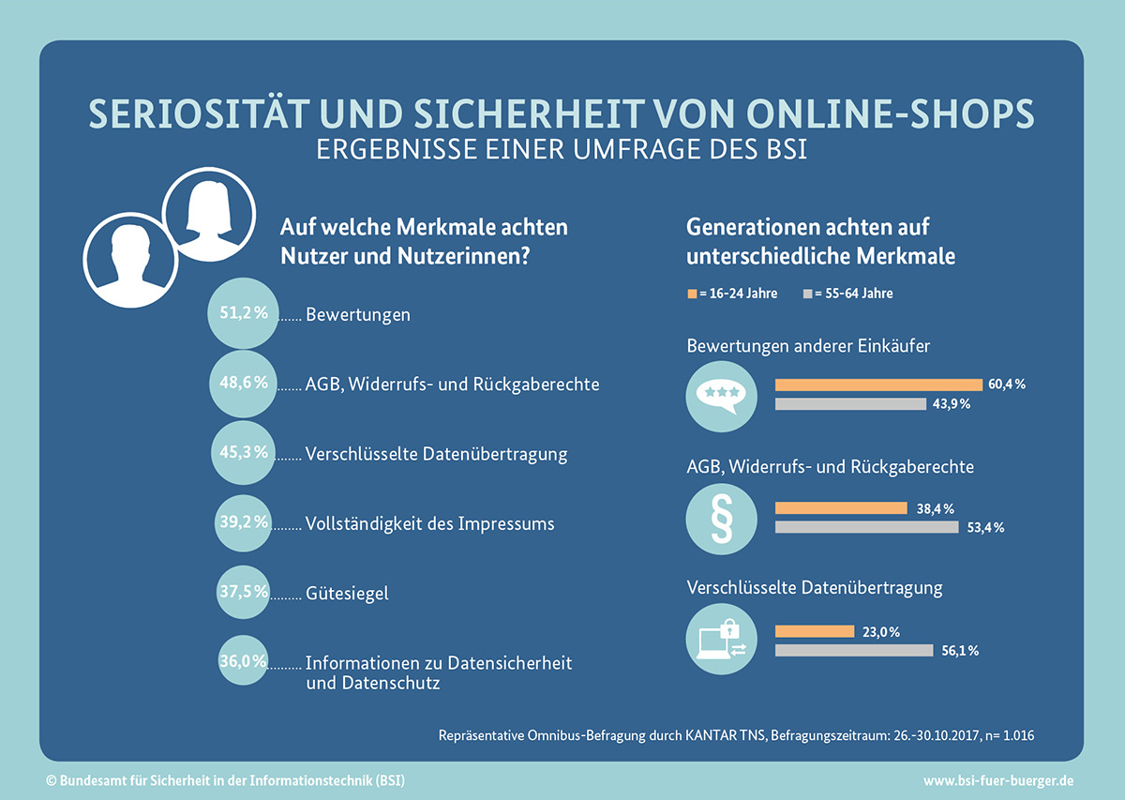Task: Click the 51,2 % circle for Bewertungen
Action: (243, 313)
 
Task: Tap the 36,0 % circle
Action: (243, 660)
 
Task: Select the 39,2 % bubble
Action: (243, 523)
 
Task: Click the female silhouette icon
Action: (209, 215)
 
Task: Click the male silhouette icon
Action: (130, 260)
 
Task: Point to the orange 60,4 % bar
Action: (878, 385)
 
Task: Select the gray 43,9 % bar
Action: (850, 404)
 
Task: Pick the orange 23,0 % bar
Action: (815, 631)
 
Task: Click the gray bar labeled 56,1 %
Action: (854, 650)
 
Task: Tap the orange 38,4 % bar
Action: (841, 508)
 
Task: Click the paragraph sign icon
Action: (721, 519)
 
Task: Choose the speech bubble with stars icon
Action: (721, 397)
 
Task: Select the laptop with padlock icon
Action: (721, 639)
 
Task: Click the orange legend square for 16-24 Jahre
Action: (692, 294)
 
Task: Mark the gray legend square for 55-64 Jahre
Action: (807, 294)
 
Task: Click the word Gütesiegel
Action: (347, 594)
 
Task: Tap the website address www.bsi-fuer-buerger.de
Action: (998, 781)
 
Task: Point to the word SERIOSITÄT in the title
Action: (200, 113)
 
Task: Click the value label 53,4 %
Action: (985, 528)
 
